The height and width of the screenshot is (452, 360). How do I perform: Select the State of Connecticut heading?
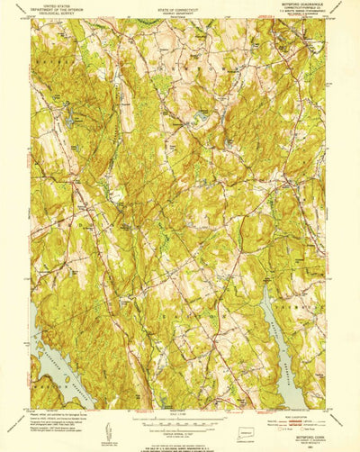click(179, 8)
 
